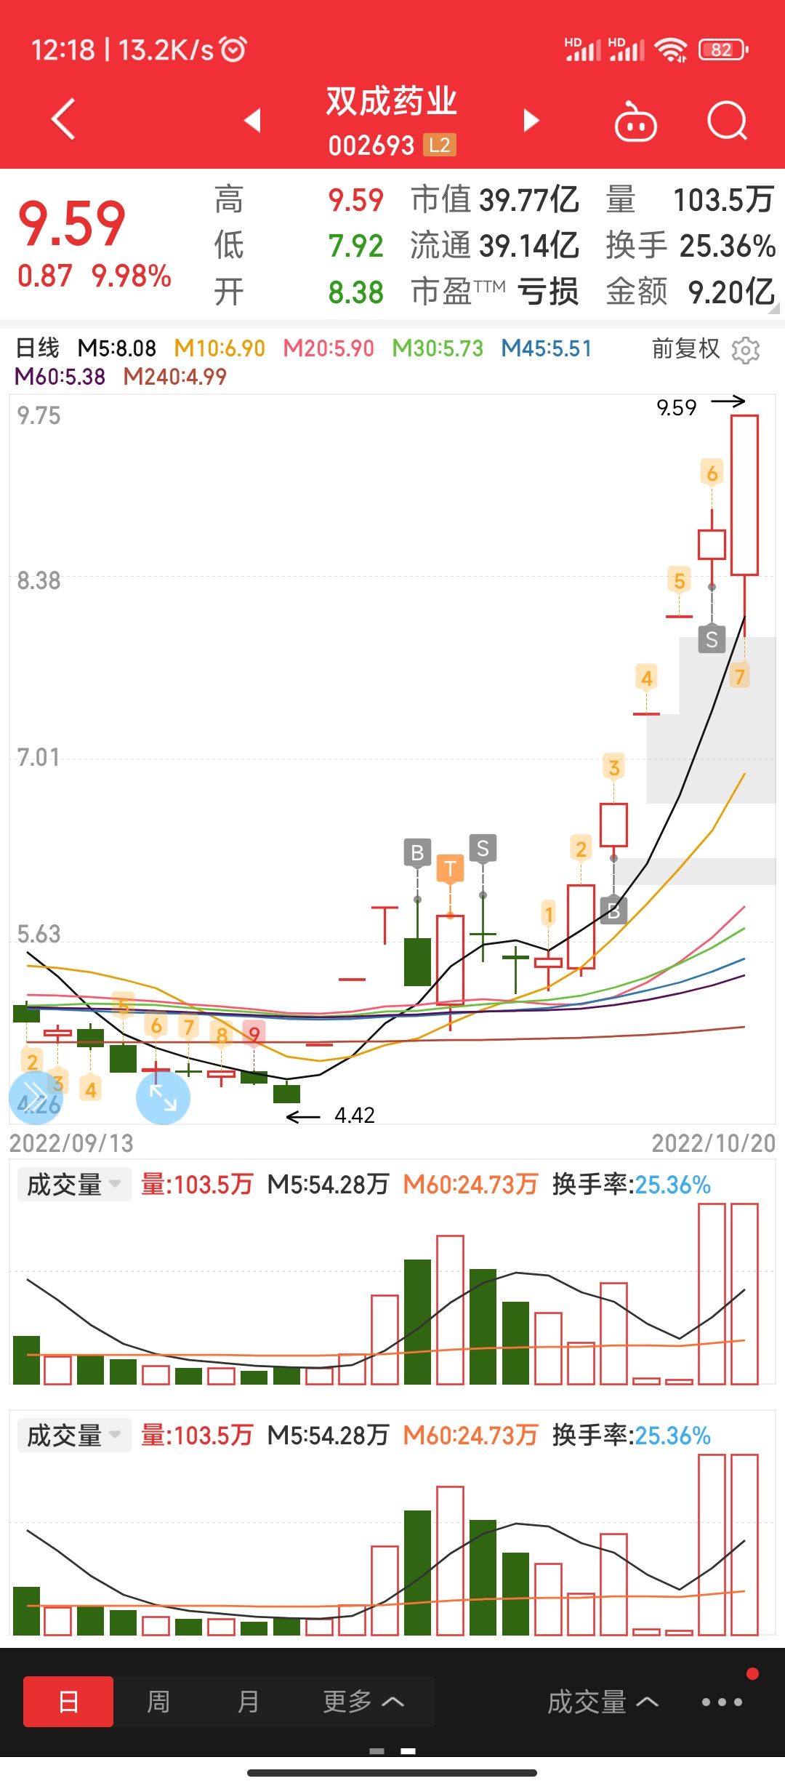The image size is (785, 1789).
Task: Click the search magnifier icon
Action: tap(727, 121)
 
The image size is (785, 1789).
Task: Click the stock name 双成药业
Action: tap(391, 100)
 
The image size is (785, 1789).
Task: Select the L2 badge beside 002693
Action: tap(440, 145)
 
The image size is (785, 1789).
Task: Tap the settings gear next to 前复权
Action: tap(746, 350)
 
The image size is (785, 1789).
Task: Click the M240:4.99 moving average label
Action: tap(174, 377)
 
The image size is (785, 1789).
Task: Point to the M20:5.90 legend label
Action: tap(328, 348)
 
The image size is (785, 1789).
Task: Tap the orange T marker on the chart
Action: tap(450, 868)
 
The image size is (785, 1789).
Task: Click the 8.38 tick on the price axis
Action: tap(39, 580)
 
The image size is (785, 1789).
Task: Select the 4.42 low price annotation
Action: tap(354, 1115)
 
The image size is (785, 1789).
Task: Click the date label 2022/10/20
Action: tap(713, 1143)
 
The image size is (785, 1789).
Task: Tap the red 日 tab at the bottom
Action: tap(68, 1702)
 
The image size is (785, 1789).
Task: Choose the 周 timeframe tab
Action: tap(158, 1702)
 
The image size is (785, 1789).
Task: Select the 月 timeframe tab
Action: tap(249, 1702)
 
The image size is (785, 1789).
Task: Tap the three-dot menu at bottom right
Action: tap(721, 1702)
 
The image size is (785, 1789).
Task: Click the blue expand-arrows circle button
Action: tap(163, 1097)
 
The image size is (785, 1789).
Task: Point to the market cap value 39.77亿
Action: tap(528, 199)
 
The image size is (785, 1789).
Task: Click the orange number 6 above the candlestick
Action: tap(712, 473)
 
